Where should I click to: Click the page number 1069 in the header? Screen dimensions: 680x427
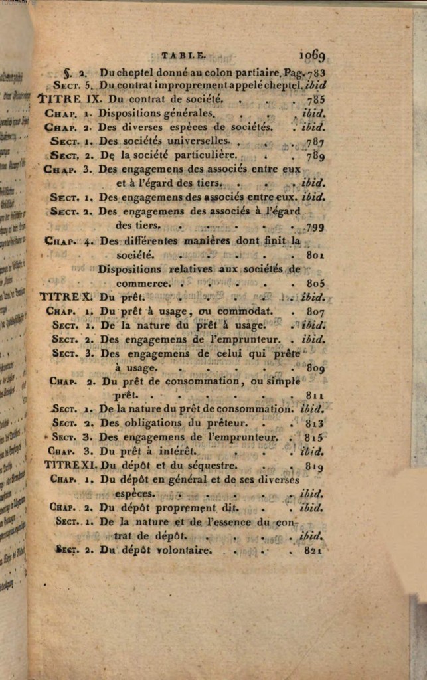(312, 55)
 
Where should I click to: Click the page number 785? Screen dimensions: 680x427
(314, 100)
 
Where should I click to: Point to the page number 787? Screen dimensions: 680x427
(313, 142)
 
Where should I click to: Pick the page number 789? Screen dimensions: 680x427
(314, 156)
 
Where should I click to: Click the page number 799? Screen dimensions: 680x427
(314, 226)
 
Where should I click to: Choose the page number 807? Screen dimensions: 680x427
(315, 311)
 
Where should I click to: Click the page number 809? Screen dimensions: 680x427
(314, 367)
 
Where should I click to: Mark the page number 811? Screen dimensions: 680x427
(313, 395)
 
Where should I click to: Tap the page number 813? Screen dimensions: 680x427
(313, 423)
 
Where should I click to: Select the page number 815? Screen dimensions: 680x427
(313, 437)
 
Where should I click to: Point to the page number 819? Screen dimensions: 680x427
(313, 466)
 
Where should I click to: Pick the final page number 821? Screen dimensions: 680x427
(311, 550)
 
